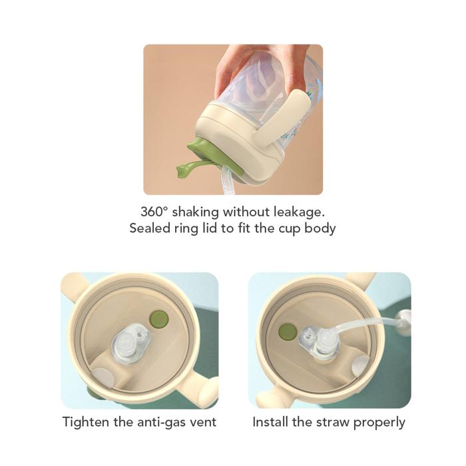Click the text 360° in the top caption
coord(155,212)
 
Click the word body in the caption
coord(322,228)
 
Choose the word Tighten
coord(87,422)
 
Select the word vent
coord(204,422)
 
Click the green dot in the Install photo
coord(288,330)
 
